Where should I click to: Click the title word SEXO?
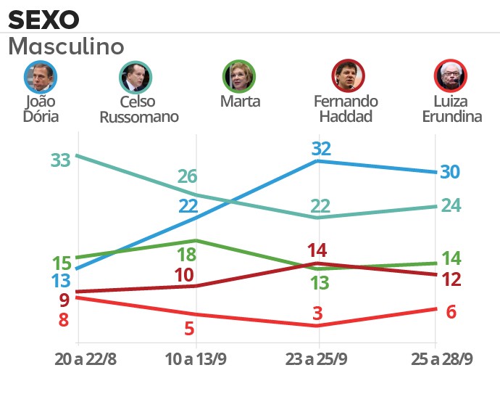pos(43,18)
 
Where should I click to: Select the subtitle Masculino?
pos(66,47)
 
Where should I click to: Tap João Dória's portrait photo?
pos(40,75)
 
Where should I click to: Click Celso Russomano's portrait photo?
pos(136,75)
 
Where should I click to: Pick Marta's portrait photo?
pos(239,75)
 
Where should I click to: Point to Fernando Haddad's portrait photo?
pos(348,75)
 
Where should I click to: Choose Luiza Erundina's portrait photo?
pos(451,75)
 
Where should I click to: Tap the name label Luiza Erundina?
pos(451,109)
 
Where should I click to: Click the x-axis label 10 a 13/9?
pos(197,359)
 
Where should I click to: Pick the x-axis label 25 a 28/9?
pos(434,359)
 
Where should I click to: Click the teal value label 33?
pos(61,160)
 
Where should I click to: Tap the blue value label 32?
pos(321,149)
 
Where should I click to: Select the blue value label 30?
pos(450,172)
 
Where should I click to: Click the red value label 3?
pos(317,313)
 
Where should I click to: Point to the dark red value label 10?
pos(184,276)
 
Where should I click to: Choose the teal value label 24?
pos(451,205)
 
